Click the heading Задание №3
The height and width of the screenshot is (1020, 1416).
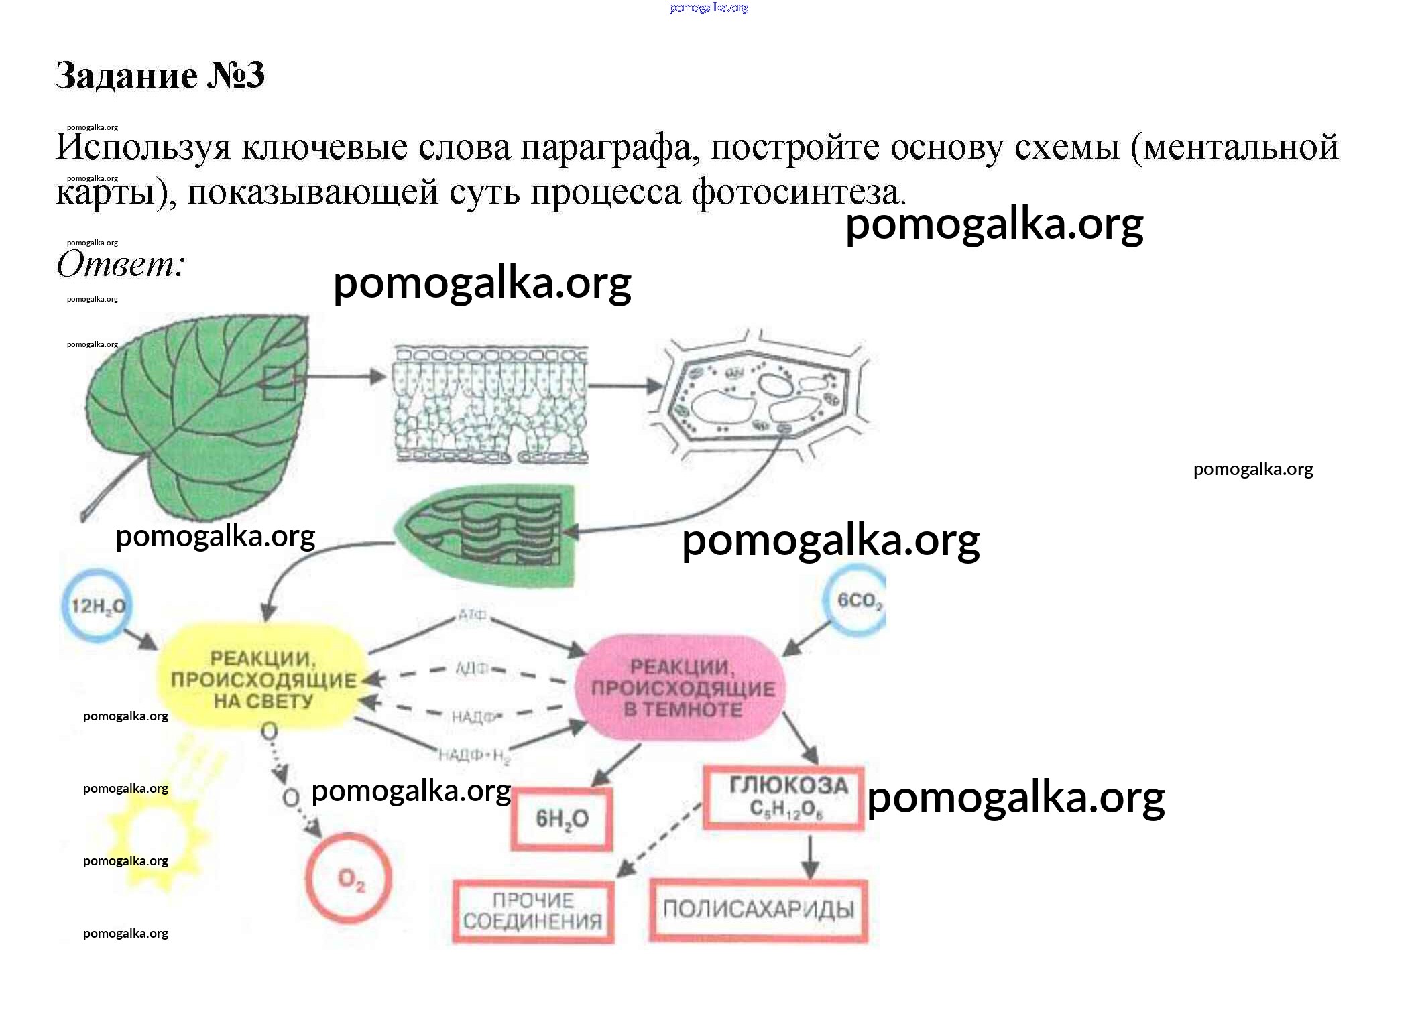click(160, 74)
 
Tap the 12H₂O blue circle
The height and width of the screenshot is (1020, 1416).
click(98, 606)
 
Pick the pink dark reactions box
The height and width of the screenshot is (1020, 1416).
click(681, 688)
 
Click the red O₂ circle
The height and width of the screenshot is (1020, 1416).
click(349, 878)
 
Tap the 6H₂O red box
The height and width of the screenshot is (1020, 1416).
click(562, 818)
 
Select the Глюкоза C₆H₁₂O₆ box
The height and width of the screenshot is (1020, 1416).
click(784, 798)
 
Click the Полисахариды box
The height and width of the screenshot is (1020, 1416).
click(758, 909)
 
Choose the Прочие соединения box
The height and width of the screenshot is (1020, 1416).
click(533, 911)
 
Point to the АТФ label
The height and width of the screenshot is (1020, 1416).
click(473, 615)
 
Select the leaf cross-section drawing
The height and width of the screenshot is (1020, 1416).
click(491, 405)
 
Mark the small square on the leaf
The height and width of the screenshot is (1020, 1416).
click(278, 383)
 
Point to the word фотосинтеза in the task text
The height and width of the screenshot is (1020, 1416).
click(797, 192)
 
